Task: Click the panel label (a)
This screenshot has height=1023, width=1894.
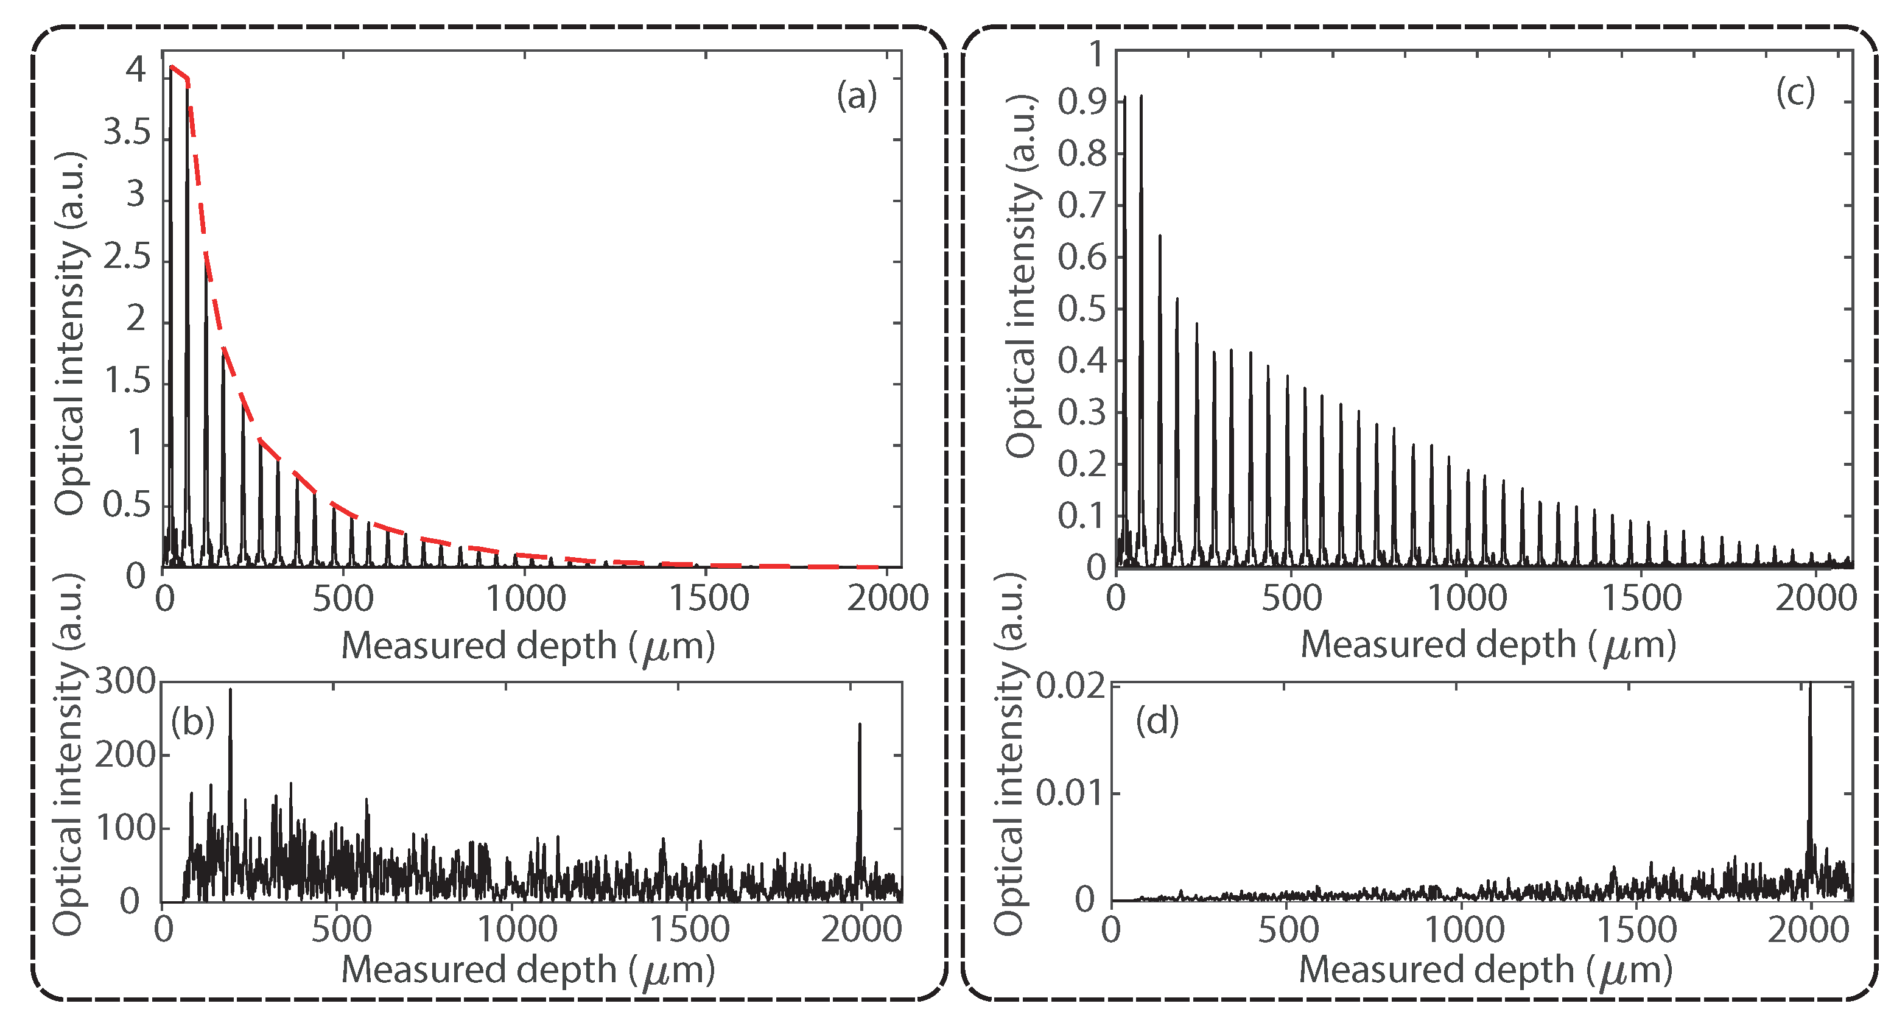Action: point(857,96)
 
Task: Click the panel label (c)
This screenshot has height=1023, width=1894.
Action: point(1795,93)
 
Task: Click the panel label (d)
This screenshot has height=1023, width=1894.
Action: point(1157,721)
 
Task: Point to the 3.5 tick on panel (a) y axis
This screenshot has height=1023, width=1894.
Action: point(127,133)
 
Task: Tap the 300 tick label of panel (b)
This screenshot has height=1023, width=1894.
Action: point(125,682)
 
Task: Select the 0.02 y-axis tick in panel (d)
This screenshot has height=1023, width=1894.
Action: point(1070,687)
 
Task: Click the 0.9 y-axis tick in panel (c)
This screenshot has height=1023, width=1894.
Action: point(1082,102)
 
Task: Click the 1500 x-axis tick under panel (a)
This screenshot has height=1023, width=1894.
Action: point(708,598)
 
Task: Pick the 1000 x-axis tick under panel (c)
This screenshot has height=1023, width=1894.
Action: point(1466,598)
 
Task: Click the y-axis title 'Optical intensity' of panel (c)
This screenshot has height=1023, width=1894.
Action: point(1020,276)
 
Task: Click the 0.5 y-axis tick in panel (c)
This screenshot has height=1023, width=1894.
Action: point(1082,309)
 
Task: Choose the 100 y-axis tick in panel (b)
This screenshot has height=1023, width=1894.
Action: point(125,829)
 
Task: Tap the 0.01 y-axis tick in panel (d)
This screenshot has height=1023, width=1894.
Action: point(1070,793)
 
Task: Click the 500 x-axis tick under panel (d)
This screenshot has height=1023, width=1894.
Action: point(1288,930)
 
